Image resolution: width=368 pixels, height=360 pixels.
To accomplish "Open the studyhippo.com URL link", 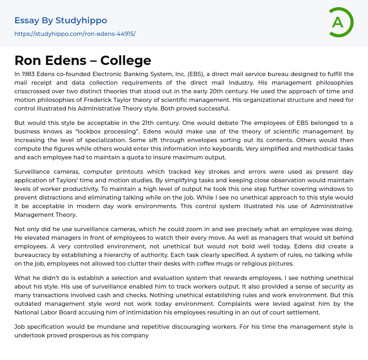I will point(75,34).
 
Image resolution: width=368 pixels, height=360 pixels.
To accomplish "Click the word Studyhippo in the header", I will point(81,20).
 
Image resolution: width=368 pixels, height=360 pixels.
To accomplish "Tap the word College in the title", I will point(126,60).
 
